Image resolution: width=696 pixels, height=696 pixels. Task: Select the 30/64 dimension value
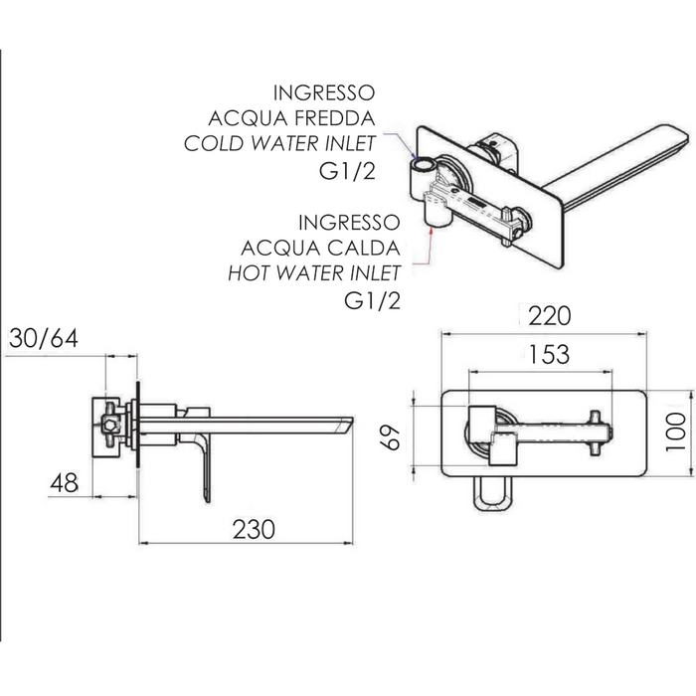(x=43, y=338)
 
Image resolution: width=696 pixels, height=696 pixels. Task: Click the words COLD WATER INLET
(x=279, y=143)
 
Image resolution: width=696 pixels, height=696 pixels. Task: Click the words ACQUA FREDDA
(x=299, y=117)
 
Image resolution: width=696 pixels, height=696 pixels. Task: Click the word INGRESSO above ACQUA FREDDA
(x=328, y=92)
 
